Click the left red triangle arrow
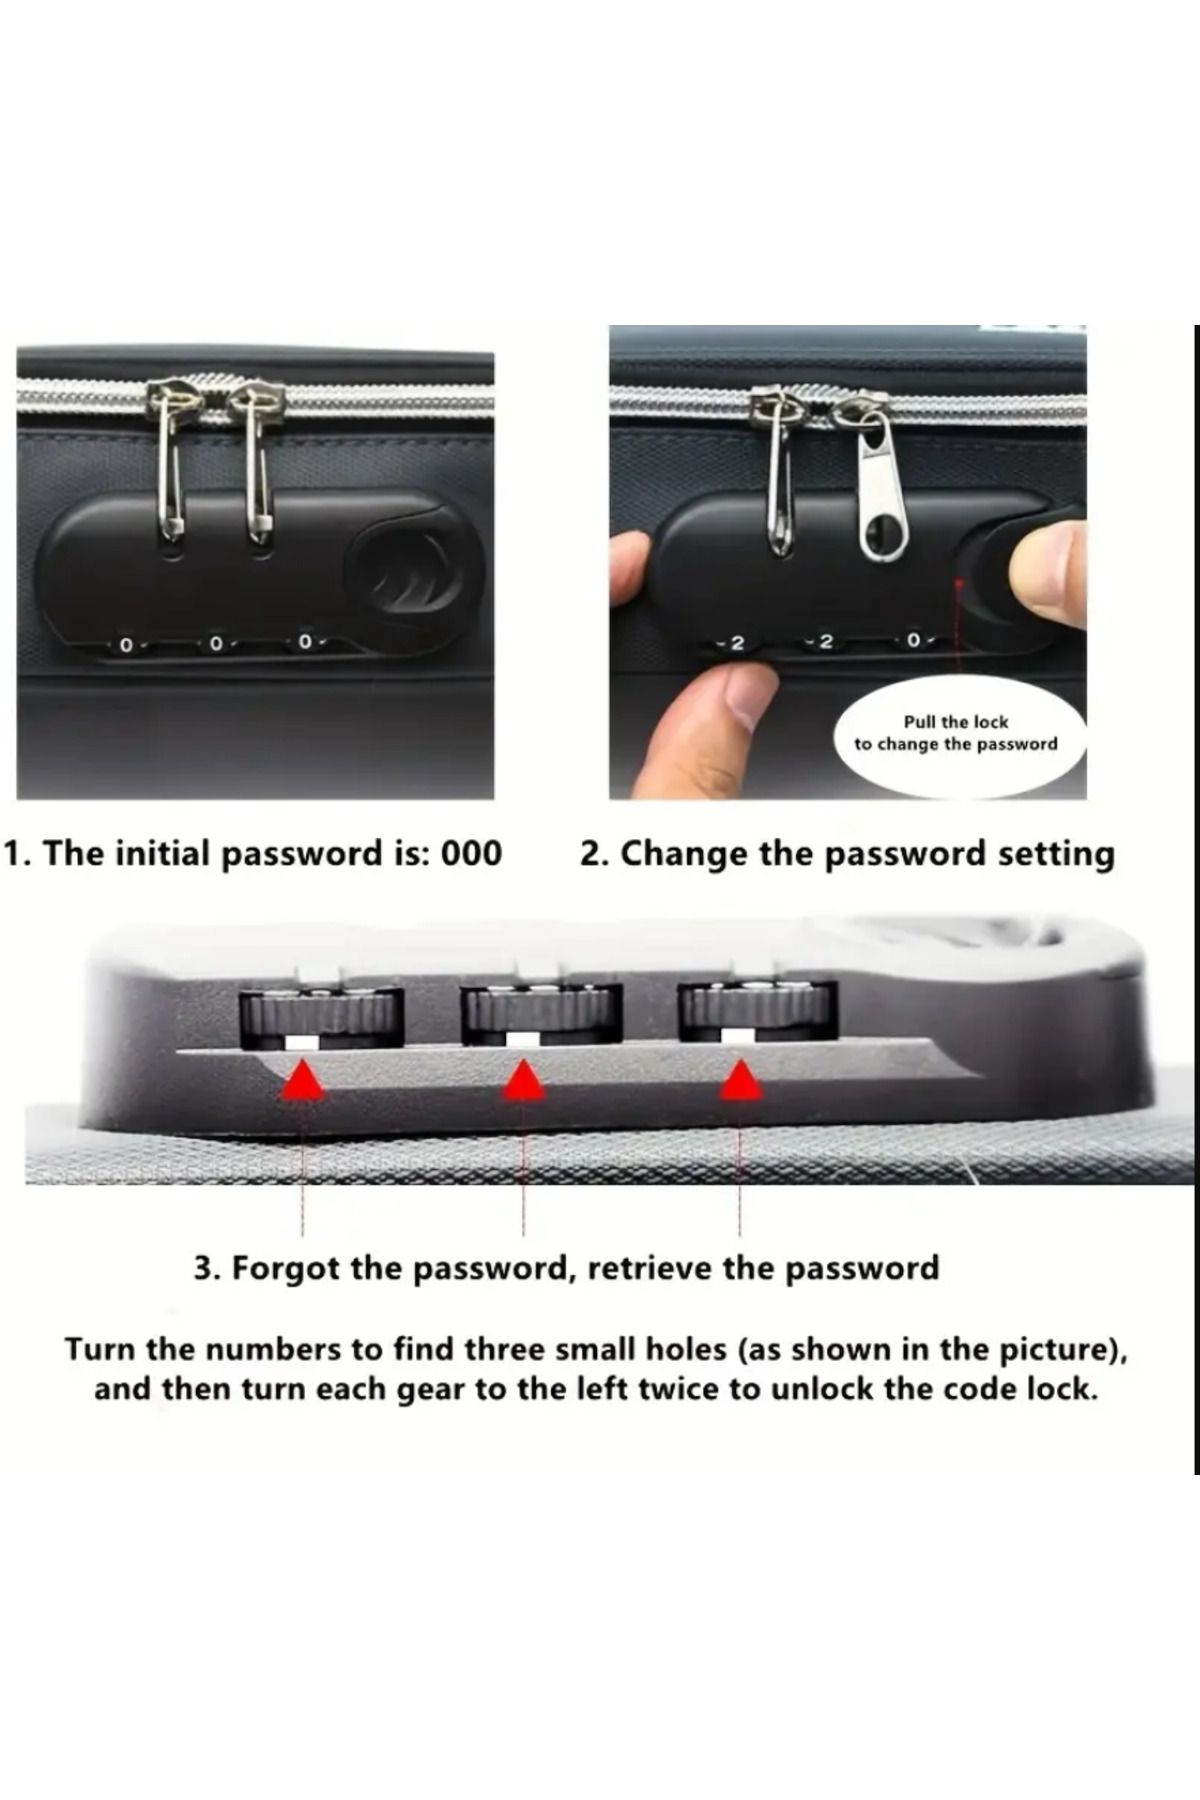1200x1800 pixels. click(x=303, y=1081)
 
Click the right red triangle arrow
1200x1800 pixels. click(x=741, y=1081)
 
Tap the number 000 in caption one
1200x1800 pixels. click(x=471, y=854)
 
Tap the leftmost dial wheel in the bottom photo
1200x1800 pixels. click(x=321, y=1015)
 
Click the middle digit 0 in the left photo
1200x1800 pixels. click(x=214, y=644)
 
